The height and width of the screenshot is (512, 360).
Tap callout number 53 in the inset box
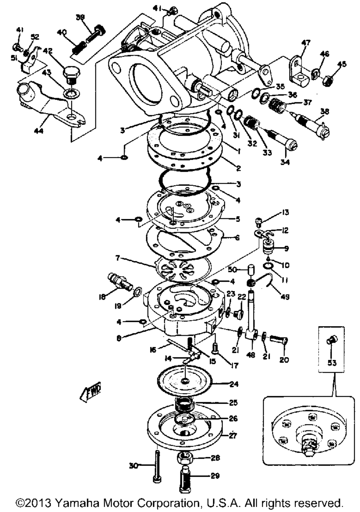click(332, 363)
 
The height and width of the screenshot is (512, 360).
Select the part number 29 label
click(215, 476)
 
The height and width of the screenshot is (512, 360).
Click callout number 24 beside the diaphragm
click(234, 384)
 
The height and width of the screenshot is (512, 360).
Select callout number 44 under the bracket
click(39, 131)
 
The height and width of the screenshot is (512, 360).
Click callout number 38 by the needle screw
click(324, 112)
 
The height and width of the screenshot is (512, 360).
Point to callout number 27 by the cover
click(233, 436)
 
